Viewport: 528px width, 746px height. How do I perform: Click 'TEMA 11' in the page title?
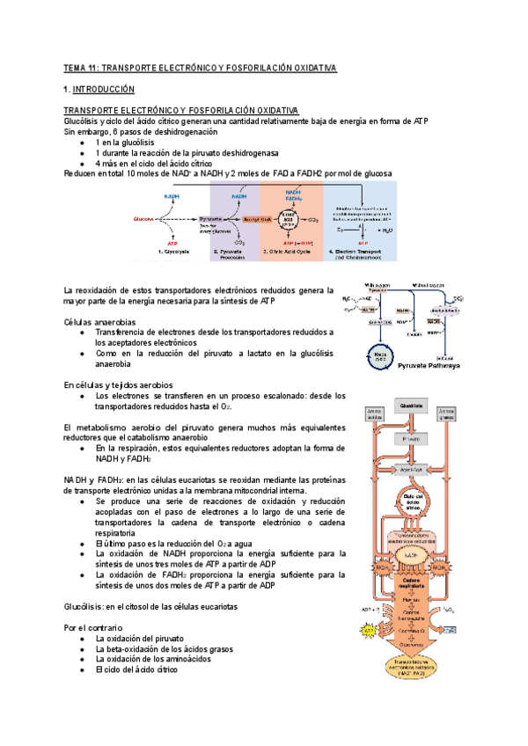(x=84, y=68)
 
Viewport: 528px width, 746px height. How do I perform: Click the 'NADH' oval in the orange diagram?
(x=414, y=556)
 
